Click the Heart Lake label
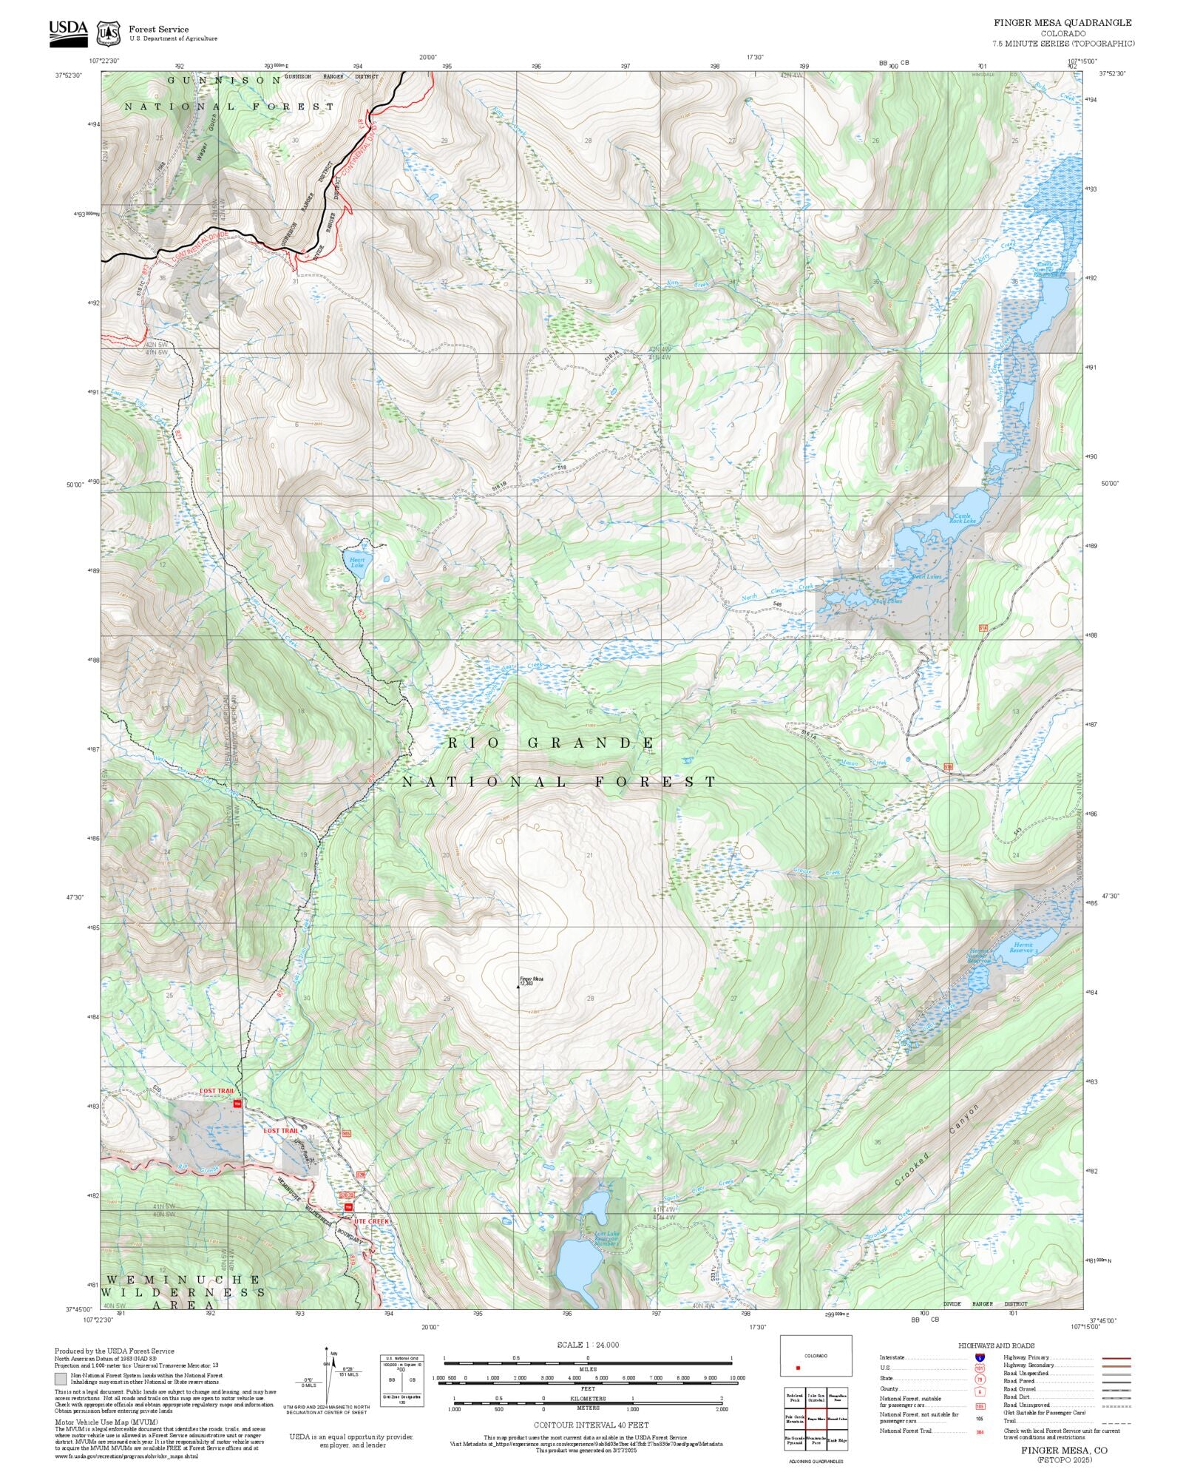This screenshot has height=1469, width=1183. pyautogui.click(x=357, y=562)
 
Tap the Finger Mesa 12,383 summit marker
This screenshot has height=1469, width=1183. pyautogui.click(x=518, y=987)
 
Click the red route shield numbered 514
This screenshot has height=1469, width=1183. pyautogui.click(x=983, y=628)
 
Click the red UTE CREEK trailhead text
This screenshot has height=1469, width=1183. pyautogui.click(x=370, y=1220)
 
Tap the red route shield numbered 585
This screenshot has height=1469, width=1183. pyautogui.click(x=346, y=1133)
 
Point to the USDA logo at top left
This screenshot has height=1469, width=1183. pyautogui.click(x=68, y=33)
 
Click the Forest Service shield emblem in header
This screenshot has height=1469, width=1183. pyautogui.click(x=109, y=33)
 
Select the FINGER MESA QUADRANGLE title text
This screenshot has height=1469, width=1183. pyautogui.click(x=1062, y=23)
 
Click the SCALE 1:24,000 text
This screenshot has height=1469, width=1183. pyautogui.click(x=588, y=1345)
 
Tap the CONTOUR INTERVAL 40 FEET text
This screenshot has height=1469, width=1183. pyautogui.click(x=591, y=1425)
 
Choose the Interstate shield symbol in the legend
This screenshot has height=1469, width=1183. pyautogui.click(x=980, y=1358)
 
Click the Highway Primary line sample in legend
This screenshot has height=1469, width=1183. pyautogui.click(x=1116, y=1358)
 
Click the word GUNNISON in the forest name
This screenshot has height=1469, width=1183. pyautogui.click(x=223, y=80)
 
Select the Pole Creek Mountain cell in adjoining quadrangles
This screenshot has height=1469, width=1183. pyautogui.click(x=794, y=1419)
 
